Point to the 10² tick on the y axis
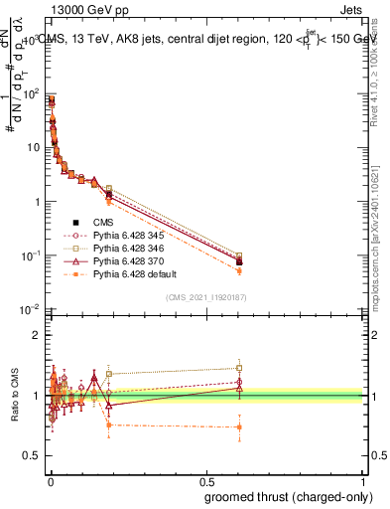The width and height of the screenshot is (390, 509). point(33,93)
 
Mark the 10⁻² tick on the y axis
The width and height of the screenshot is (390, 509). point(33,309)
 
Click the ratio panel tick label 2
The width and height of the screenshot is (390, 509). point(39,335)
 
